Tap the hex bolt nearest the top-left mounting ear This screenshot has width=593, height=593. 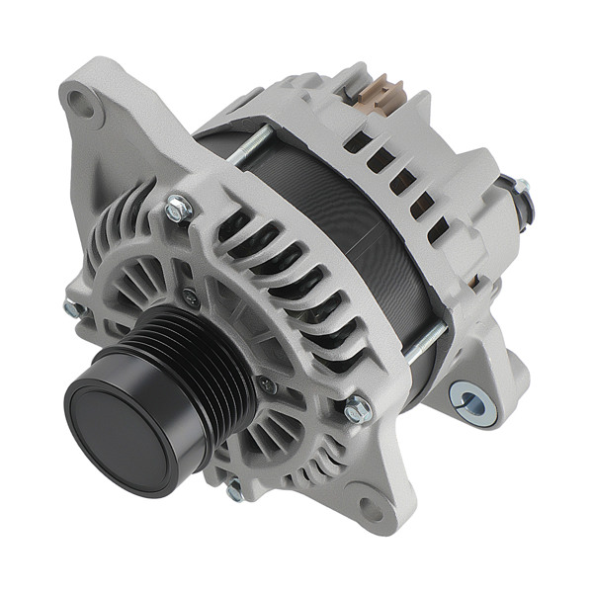pyautogui.click(x=178, y=209)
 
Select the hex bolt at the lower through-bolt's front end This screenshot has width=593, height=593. pyautogui.click(x=357, y=406)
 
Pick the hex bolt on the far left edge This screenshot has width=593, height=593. pyautogui.click(x=73, y=309)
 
